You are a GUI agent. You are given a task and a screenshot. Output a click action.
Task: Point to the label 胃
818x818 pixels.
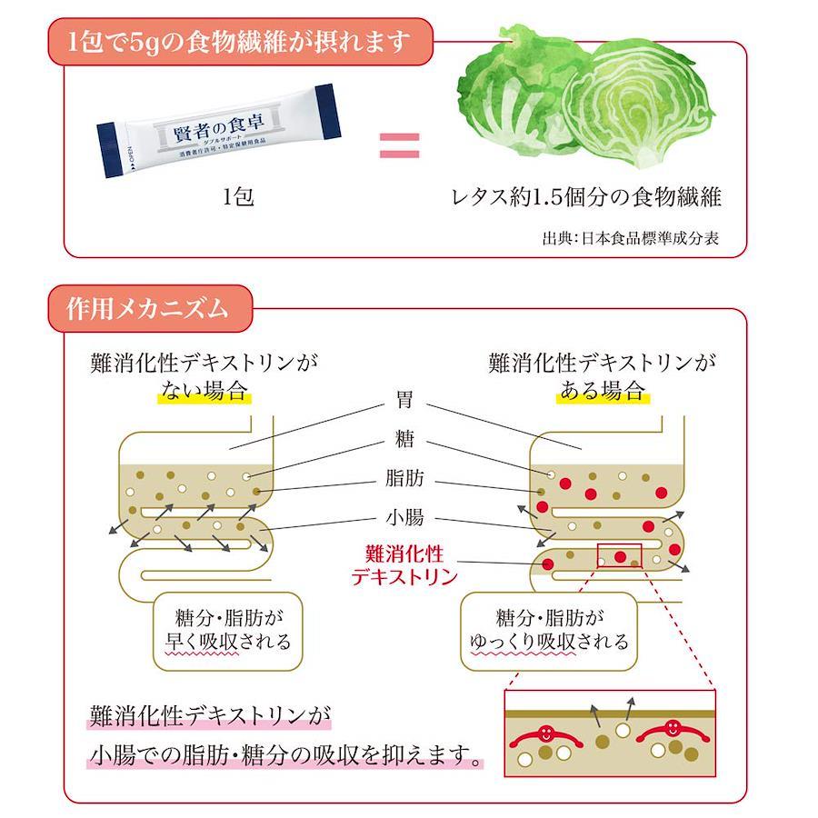(405, 400)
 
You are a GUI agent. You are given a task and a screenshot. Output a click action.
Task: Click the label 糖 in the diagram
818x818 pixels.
(405, 440)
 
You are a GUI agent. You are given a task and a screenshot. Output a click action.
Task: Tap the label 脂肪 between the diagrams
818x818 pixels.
(405, 479)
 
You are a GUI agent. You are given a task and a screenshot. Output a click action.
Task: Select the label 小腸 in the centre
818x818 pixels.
(405, 519)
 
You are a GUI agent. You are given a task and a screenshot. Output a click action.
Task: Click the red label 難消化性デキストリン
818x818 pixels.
(404, 564)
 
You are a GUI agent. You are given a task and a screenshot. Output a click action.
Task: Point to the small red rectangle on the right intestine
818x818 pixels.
(619, 555)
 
